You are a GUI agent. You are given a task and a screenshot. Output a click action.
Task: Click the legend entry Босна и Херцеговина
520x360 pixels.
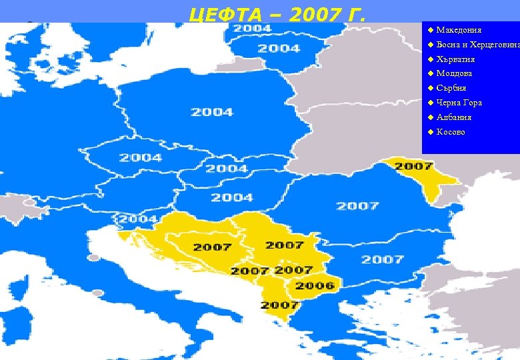click(477, 45)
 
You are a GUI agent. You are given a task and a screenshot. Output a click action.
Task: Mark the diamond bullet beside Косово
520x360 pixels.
click(430, 132)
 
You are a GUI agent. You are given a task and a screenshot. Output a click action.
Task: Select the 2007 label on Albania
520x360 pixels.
click(279, 305)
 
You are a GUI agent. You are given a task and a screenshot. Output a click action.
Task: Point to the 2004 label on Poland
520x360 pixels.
click(212, 112)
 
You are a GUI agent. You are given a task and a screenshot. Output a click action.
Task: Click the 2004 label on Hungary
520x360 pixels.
click(232, 197)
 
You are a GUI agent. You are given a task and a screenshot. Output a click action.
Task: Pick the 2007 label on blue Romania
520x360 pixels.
click(357, 205)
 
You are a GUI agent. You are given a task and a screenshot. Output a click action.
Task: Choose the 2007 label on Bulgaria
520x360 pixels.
click(383, 259)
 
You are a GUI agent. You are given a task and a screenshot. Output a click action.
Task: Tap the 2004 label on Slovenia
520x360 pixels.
click(137, 219)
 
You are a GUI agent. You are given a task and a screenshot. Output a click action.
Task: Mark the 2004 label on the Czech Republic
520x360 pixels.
click(141, 158)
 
